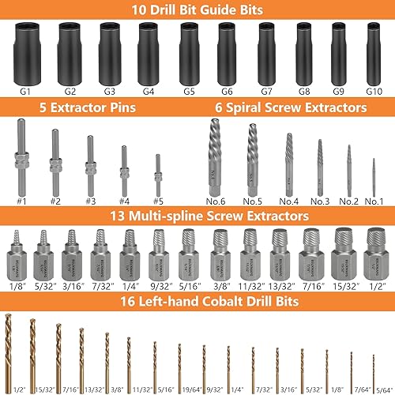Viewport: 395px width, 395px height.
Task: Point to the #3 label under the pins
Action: click(x=90, y=201)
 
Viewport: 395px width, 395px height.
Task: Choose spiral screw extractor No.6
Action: click(x=214, y=157)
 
